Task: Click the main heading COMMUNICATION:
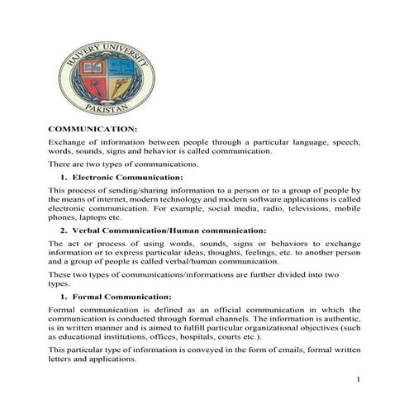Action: tap(93, 130)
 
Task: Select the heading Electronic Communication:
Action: tap(127, 178)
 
